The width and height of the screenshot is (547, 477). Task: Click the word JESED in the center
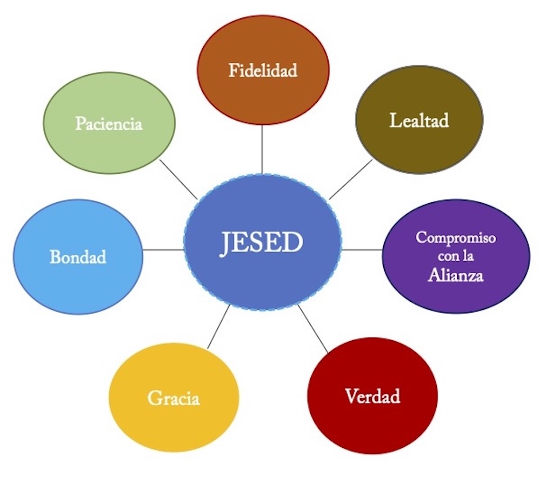[262, 243]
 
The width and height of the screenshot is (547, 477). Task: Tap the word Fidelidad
[263, 71]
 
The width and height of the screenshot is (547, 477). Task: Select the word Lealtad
[419, 120]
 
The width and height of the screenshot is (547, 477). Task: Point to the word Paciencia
[109, 124]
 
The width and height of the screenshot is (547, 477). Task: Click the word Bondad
[78, 257]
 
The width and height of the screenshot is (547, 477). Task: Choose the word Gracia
[174, 399]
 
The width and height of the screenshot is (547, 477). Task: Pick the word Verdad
[372, 396]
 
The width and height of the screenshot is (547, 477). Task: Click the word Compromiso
[456, 238]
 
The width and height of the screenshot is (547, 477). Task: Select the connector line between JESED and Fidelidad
[262, 149]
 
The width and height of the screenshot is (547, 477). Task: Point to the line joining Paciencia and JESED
[178, 178]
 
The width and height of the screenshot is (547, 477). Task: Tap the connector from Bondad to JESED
[163, 250]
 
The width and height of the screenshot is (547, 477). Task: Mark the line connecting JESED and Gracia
[218, 327]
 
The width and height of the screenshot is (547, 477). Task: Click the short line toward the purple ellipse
[362, 250]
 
